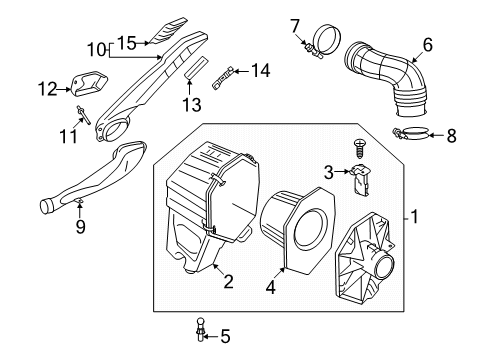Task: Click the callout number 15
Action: (x=127, y=43)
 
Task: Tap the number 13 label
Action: (x=192, y=104)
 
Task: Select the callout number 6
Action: (x=428, y=45)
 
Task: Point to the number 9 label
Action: (x=80, y=227)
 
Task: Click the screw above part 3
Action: (x=359, y=149)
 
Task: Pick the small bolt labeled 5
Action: (x=200, y=329)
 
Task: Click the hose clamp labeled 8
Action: (x=410, y=133)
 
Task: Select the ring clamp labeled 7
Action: (x=324, y=41)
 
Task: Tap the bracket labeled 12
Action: (x=90, y=83)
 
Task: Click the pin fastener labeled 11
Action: (x=83, y=115)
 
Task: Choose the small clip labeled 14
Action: (x=222, y=78)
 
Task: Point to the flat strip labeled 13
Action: (x=196, y=67)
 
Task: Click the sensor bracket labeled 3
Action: (x=360, y=182)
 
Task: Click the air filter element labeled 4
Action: (x=297, y=230)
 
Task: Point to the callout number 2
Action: (x=228, y=282)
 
